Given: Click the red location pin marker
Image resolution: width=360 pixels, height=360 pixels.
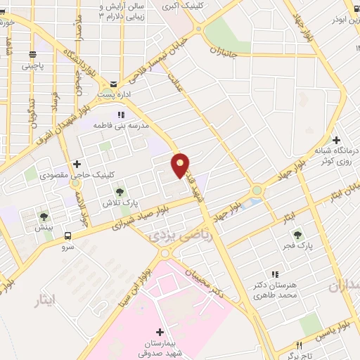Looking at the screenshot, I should pyautogui.click(x=181, y=165).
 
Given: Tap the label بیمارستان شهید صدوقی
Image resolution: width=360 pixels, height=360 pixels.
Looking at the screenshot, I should pyautogui.click(x=160, y=349).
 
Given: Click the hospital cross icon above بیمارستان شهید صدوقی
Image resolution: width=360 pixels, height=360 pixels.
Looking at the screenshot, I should pyautogui.click(x=160, y=332).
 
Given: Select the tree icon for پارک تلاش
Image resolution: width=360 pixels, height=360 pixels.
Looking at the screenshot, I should pyautogui.click(x=120, y=191).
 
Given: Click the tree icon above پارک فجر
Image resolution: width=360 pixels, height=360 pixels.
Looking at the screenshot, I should pyautogui.click(x=298, y=234).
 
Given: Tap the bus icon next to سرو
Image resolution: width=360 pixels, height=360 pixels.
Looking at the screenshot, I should pyautogui.click(x=68, y=236).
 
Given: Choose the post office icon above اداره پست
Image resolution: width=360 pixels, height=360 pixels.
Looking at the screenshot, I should pyautogui.click(x=113, y=84).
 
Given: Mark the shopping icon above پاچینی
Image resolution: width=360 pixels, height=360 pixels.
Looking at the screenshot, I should pyautogui.click(x=32, y=54).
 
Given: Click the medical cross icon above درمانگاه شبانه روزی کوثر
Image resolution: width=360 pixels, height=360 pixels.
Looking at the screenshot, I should pyautogui.click(x=336, y=141).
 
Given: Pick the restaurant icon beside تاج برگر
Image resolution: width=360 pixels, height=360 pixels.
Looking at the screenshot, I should pyautogui.click(x=299, y=346).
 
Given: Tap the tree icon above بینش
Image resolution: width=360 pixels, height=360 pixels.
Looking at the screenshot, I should pyautogui.click(x=44, y=216).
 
